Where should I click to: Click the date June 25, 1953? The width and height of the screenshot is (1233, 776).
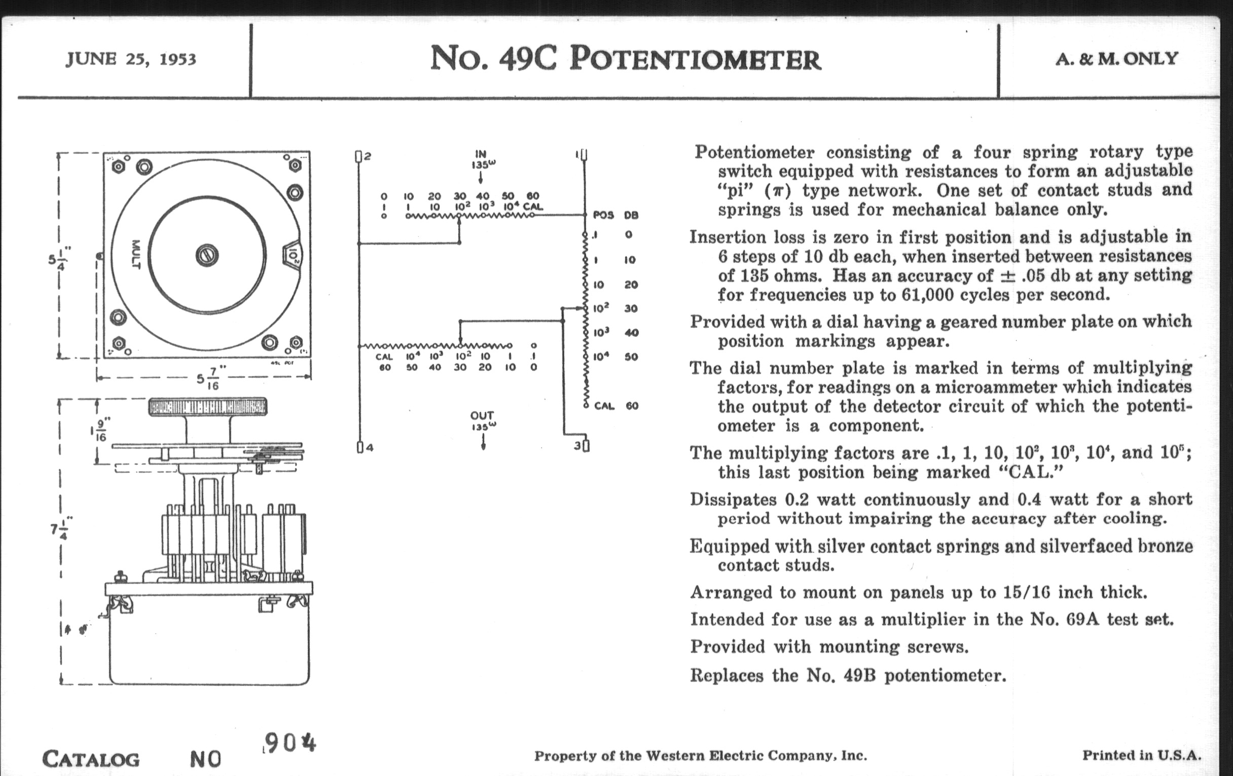point(131,59)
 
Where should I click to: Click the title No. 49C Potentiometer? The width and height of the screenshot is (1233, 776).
point(625,58)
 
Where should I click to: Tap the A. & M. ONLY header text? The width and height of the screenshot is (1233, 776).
point(1117,59)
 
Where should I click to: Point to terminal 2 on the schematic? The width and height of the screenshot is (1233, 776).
point(359,156)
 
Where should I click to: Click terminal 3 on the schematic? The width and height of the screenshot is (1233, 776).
point(586,446)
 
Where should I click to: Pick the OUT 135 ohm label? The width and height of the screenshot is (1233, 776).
point(482,420)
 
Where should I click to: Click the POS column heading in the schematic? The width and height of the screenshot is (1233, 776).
point(603,215)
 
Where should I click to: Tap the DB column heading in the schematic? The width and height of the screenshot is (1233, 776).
point(631,215)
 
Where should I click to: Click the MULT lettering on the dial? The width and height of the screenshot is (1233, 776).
point(136,255)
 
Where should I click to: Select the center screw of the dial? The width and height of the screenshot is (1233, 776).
point(207,255)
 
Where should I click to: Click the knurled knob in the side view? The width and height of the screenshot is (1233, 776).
point(207,407)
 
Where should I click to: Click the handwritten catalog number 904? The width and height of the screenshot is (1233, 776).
point(289,743)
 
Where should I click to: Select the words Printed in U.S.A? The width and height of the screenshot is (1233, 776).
point(1141,755)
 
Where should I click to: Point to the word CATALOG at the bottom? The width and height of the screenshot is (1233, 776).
point(91,759)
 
